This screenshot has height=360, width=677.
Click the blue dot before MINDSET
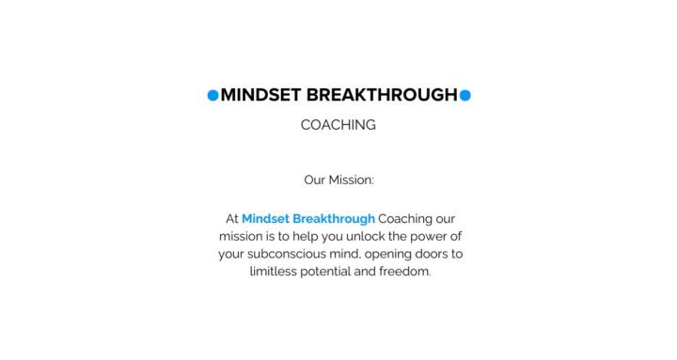coord(213,95)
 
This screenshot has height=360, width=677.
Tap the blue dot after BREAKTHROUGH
coord(464,95)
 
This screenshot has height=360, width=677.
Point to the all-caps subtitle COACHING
coord(338,125)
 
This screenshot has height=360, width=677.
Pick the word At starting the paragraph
coord(232,219)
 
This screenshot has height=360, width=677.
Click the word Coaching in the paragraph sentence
coord(406,219)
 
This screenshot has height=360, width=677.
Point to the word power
coord(426,237)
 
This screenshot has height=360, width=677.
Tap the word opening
coord(397,255)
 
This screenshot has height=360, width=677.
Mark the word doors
coord(446,255)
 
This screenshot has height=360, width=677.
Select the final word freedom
coord(408,273)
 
